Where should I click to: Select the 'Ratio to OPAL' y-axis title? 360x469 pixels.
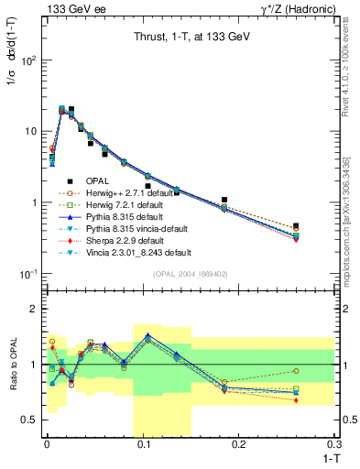pos(13,364)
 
